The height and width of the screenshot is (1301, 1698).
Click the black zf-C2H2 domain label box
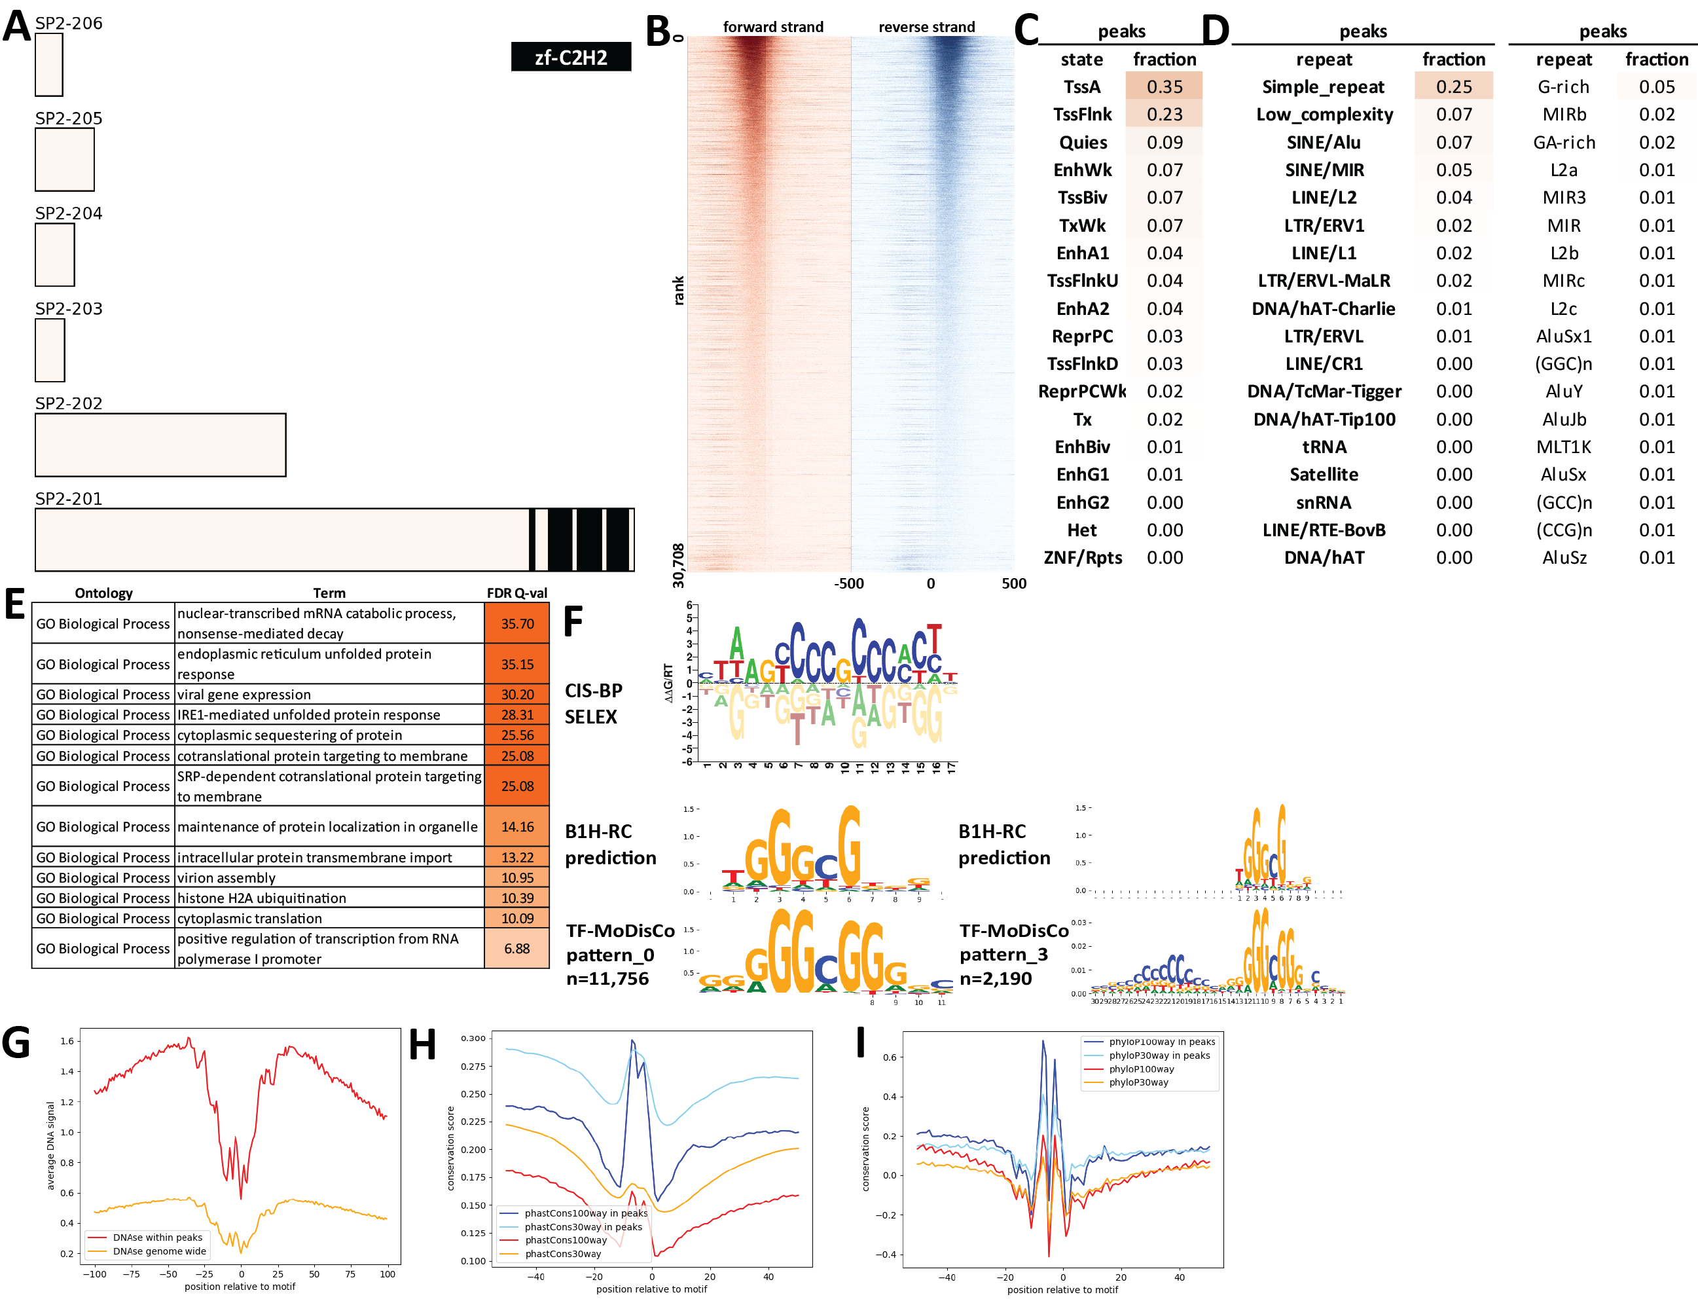[571, 56]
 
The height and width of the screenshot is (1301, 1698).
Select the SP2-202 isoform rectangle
[160, 445]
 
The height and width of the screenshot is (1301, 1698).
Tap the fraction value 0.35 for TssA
[1164, 86]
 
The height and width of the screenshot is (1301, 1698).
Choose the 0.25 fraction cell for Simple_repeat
[1453, 86]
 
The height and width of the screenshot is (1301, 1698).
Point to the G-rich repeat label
[1563, 86]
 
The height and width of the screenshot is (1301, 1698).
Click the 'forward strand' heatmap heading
[772, 27]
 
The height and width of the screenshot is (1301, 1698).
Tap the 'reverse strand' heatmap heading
[926, 27]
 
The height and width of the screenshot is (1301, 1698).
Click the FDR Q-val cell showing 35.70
[516, 623]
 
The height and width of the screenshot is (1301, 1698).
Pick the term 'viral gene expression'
[244, 695]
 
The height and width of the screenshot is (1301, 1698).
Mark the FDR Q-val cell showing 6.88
[516, 949]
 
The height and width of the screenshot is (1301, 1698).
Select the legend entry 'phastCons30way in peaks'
[583, 1226]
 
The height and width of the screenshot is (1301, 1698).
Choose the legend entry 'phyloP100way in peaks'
[1161, 1042]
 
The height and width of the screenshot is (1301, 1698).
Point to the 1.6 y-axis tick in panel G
[67, 1041]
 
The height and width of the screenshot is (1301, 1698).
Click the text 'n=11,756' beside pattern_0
[607, 979]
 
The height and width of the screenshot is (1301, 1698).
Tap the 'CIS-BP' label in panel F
[593, 691]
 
